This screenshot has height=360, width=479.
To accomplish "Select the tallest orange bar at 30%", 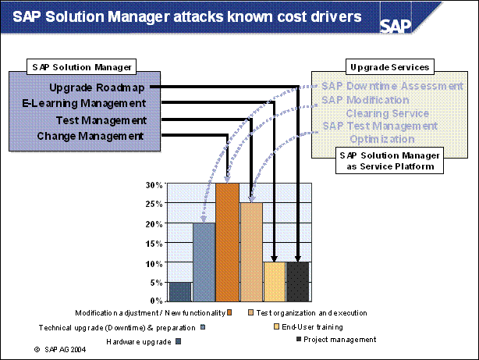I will pos(227,242).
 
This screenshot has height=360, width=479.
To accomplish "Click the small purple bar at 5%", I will pos(180,290).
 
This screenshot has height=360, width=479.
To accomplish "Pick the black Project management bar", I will pos(297,281).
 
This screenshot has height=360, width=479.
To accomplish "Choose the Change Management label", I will pos(90,136).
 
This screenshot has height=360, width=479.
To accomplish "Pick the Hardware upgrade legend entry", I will pos(140,341).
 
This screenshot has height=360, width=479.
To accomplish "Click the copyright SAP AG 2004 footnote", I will pos(60,351).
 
